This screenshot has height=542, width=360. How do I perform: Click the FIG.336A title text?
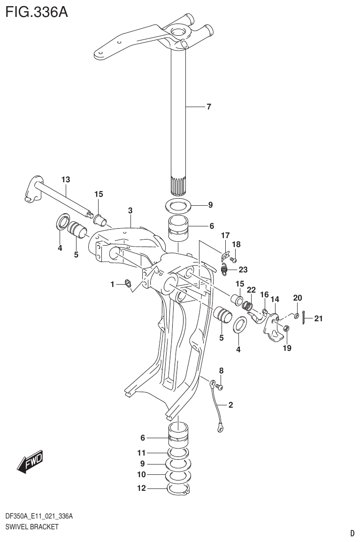(36, 11)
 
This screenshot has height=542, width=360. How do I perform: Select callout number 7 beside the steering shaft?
(209, 107)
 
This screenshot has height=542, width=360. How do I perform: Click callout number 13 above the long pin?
(65, 179)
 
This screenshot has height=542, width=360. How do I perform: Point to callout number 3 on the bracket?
(130, 210)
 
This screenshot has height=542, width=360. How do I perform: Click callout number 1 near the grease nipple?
(112, 284)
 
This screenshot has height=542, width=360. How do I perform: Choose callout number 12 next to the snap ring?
(142, 488)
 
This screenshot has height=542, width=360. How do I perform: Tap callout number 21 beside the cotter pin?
(319, 319)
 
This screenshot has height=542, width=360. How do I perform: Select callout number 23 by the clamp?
(243, 270)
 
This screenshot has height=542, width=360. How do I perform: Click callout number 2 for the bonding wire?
(230, 404)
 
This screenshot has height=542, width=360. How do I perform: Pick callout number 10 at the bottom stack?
(142, 475)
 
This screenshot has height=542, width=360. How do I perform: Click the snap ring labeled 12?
(178, 490)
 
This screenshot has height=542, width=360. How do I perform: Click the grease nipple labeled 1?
(127, 283)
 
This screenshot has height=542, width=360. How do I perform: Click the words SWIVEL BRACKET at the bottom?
(31, 527)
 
